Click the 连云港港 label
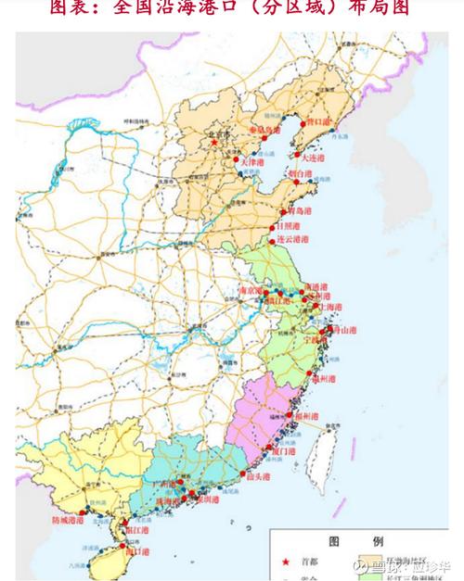pyautogui.click(x=290, y=239)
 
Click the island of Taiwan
pyautogui.click(x=322, y=459)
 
